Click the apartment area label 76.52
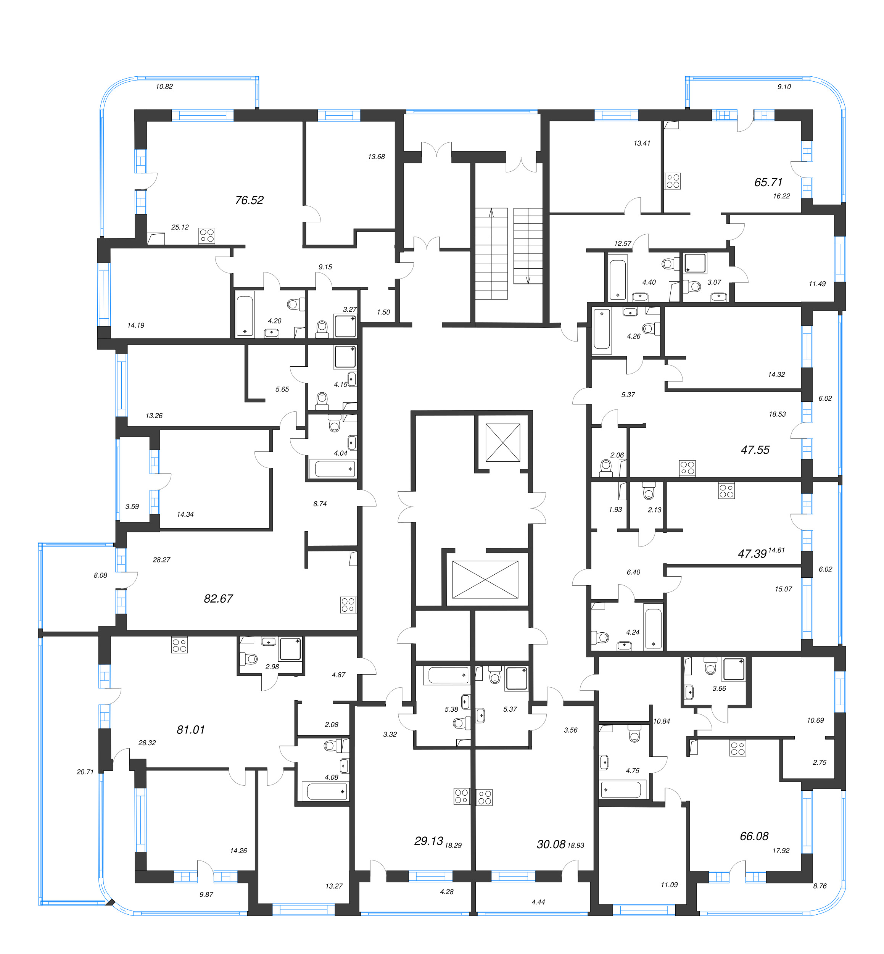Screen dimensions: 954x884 [249, 200]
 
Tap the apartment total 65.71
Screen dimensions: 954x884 [768, 182]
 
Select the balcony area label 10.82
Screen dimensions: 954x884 [164, 87]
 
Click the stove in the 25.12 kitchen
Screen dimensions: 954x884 [207, 235]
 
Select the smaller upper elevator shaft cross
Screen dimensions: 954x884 [503, 443]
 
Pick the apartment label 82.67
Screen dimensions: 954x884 [218, 598]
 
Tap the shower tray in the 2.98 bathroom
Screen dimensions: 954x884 [290, 649]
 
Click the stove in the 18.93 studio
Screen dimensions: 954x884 [485, 797]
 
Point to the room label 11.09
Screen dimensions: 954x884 [669, 885]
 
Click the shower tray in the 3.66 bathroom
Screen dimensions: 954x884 [734, 669]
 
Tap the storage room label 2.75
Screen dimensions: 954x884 [820, 762]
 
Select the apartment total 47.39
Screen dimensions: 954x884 [752, 554]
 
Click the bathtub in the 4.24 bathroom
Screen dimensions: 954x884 [653, 628]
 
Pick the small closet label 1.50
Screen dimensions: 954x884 [383, 312]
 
